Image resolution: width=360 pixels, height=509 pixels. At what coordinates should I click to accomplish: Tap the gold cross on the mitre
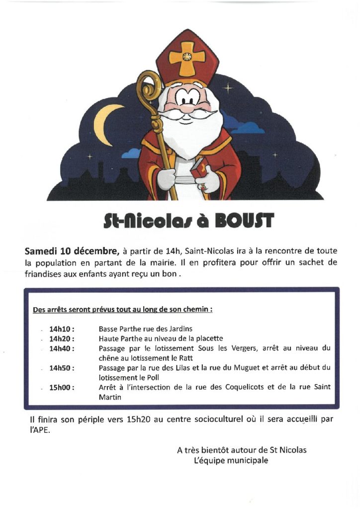pos(187,57)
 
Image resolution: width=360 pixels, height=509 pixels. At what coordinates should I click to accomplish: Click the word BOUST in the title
pos(244,219)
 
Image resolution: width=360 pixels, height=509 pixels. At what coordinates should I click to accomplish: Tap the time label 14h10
pos(62,329)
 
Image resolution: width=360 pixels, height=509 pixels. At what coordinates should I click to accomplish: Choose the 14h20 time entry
pos(62,338)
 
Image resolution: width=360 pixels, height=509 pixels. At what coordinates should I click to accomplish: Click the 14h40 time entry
pos(62,348)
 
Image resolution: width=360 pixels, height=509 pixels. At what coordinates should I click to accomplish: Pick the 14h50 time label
pos(62,368)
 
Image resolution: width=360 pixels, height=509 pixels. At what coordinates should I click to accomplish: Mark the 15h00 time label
pos(62,387)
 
